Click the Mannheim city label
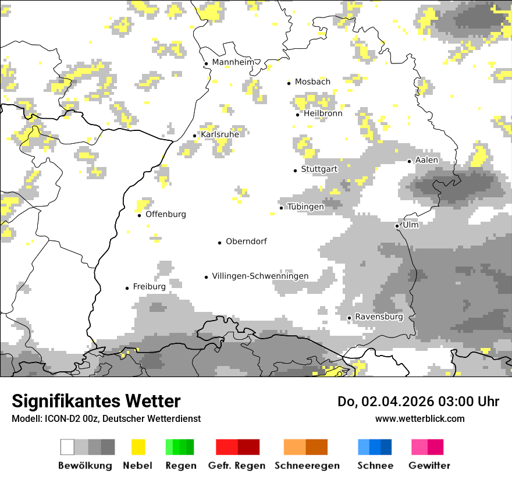coord(233,62)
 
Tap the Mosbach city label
coord(312,82)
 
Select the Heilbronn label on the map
coord(323,113)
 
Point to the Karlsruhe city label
coord(220,135)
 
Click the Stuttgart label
coord(319,169)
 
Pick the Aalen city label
coord(426,160)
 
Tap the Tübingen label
coord(305,207)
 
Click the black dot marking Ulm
coord(397,226)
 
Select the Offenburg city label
coord(166,214)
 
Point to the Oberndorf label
coord(246,241)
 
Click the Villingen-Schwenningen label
coord(260,276)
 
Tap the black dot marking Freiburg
coord(127,288)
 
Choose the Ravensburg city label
coord(379,317)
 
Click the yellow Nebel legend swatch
coord(138,447)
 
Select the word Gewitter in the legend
coord(429,466)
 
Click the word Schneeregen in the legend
coord(307,466)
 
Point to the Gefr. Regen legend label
coord(237,466)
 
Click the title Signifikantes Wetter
coord(96,401)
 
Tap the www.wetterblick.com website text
coord(419,418)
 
